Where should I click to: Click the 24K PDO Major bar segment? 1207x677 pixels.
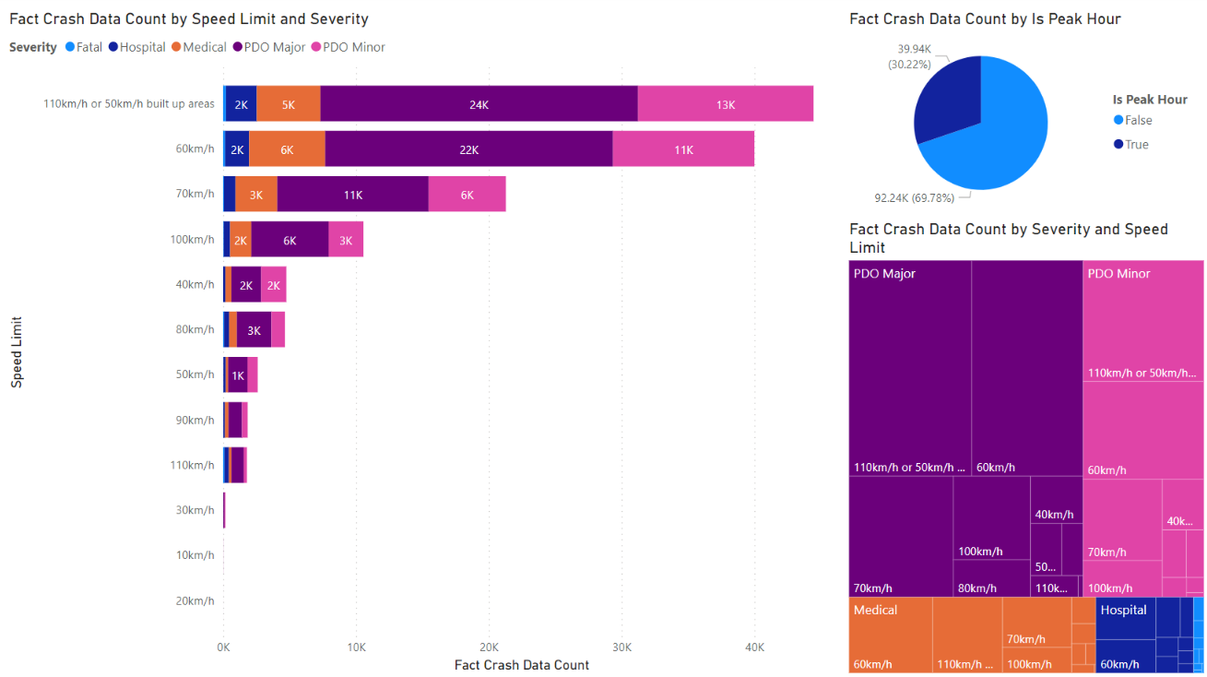click(479, 104)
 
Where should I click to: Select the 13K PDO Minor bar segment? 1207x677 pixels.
click(725, 104)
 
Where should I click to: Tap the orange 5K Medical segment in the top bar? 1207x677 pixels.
click(288, 104)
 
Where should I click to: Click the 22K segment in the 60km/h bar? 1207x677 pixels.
click(468, 149)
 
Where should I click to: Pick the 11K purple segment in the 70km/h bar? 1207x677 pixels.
click(352, 195)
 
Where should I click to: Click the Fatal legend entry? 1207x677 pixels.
click(83, 47)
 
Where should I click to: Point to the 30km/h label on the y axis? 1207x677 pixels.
click(195, 510)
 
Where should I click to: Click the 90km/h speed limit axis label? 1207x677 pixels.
click(195, 420)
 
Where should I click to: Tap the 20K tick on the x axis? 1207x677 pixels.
click(489, 647)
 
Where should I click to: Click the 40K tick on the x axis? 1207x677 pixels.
click(754, 647)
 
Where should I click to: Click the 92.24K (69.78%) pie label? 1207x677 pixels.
click(916, 196)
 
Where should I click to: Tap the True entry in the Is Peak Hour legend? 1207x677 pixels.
click(1136, 145)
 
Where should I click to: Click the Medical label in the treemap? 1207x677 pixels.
click(875, 610)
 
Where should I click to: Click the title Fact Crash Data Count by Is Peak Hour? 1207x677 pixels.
click(985, 18)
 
